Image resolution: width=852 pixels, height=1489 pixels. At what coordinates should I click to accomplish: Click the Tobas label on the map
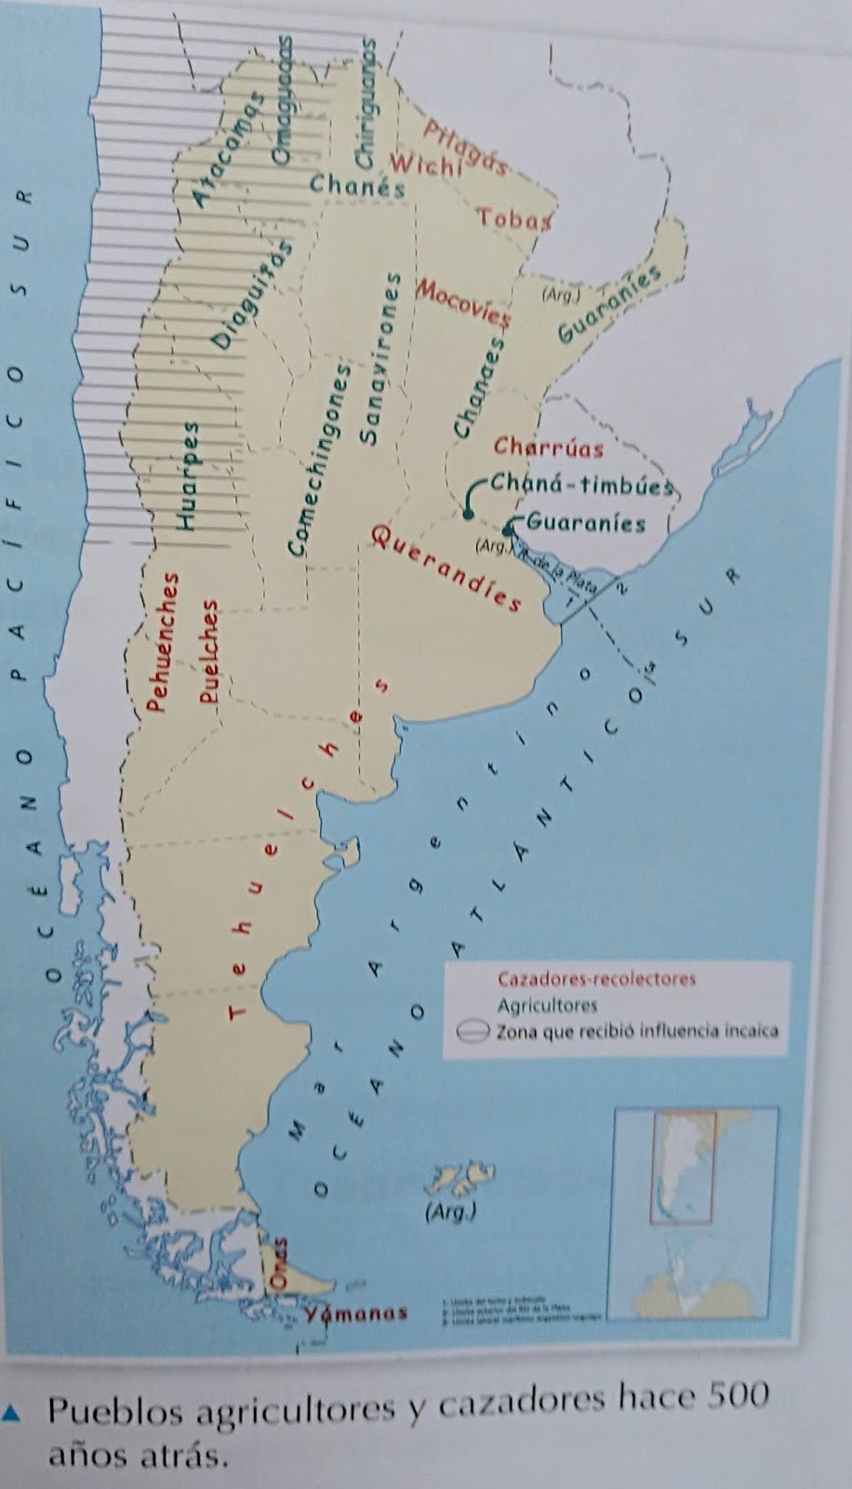pyautogui.click(x=514, y=220)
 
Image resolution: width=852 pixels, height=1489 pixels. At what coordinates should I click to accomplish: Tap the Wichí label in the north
pyautogui.click(x=426, y=165)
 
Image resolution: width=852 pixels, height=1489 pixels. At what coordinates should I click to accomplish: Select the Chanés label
pyautogui.click(x=358, y=185)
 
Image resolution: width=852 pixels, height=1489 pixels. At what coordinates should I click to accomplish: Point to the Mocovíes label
pyautogui.click(x=463, y=302)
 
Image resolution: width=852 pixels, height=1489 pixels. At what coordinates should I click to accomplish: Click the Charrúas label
pyautogui.click(x=549, y=448)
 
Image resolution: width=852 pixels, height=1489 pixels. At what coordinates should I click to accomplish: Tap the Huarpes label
pyautogui.click(x=190, y=477)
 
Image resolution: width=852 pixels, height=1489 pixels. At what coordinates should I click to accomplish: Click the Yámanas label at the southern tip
pyautogui.click(x=356, y=1313)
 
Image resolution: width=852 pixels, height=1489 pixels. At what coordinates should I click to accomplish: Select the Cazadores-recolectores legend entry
pyautogui.click(x=596, y=979)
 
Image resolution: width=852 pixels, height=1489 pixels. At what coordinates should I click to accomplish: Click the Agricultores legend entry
pyautogui.click(x=547, y=1005)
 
